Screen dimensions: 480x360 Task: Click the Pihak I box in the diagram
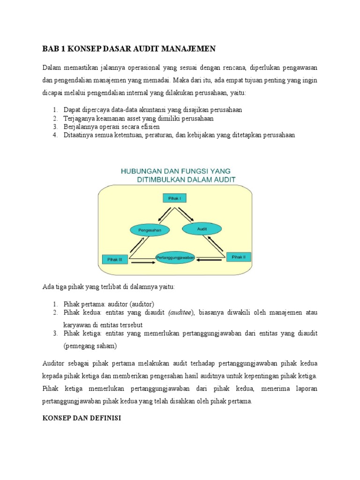(174, 198)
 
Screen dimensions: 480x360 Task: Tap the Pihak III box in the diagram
(114, 259)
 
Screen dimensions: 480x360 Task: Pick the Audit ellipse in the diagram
(202, 228)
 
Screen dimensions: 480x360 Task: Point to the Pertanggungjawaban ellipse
(175, 257)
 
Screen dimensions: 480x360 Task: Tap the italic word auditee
(180, 313)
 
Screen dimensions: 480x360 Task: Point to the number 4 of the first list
(54, 135)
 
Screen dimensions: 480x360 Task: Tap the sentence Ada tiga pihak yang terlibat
(108, 287)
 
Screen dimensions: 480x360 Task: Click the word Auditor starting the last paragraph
(54, 363)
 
